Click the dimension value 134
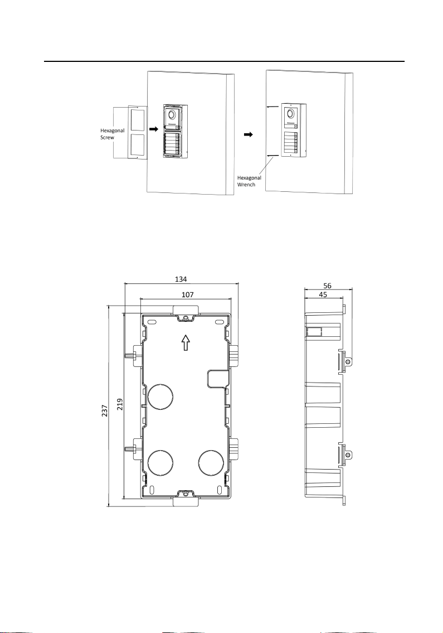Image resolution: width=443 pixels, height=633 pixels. click(181, 279)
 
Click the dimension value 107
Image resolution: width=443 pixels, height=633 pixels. click(187, 294)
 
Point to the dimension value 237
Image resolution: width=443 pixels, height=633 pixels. click(105, 410)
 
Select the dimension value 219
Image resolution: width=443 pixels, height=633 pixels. click(120, 404)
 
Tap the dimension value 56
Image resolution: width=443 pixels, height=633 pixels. click(327, 286)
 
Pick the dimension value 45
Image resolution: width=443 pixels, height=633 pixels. click(323, 294)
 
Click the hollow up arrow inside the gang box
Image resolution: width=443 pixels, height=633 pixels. click(185, 343)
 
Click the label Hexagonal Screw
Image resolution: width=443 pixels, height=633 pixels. click(112, 134)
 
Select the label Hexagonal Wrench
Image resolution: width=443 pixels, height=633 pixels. click(249, 181)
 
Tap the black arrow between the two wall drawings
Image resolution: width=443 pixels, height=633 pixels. click(249, 135)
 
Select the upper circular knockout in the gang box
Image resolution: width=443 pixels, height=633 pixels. click(161, 397)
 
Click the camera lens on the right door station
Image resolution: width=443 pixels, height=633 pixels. click(290, 114)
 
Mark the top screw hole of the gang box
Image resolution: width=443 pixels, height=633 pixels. click(185, 318)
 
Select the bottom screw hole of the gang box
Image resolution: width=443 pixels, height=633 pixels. click(185, 493)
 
